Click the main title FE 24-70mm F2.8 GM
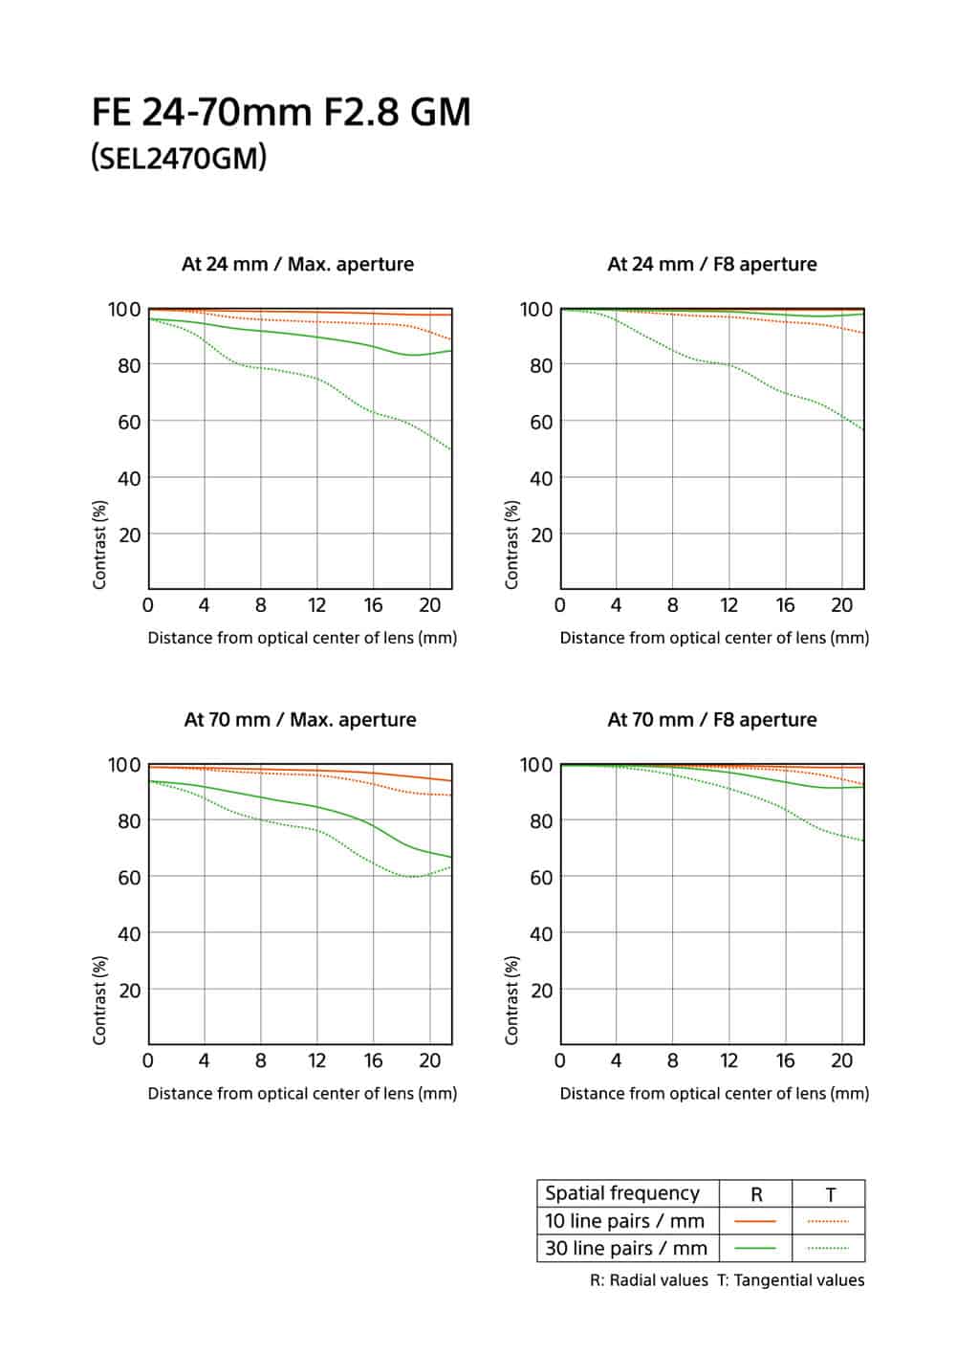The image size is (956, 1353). click(x=281, y=113)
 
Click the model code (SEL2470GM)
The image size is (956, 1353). click(x=179, y=158)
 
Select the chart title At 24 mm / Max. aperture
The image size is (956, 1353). click(x=297, y=264)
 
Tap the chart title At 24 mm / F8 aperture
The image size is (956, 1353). click(x=712, y=264)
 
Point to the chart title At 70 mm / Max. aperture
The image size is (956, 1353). click(x=300, y=720)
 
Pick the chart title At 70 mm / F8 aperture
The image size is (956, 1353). click(x=712, y=720)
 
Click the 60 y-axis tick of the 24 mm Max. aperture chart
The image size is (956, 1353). click(x=129, y=422)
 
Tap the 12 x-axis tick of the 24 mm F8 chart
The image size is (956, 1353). click(x=729, y=605)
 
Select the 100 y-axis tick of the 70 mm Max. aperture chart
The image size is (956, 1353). click(x=124, y=765)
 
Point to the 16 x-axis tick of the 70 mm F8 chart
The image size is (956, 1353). click(x=786, y=1060)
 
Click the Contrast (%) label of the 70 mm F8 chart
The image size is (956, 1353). click(x=512, y=999)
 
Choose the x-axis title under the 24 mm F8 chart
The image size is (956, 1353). click(x=714, y=638)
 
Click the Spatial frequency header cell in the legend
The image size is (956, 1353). click(x=622, y=1193)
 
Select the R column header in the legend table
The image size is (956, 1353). click(x=756, y=1194)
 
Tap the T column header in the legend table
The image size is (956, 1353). click(x=830, y=1194)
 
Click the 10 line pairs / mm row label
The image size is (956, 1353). click(x=624, y=1221)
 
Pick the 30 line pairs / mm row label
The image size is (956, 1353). click(x=626, y=1248)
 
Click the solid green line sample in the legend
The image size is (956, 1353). click(x=755, y=1249)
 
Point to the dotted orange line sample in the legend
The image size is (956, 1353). click(x=828, y=1221)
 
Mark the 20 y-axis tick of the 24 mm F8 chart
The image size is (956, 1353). click(x=541, y=535)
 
